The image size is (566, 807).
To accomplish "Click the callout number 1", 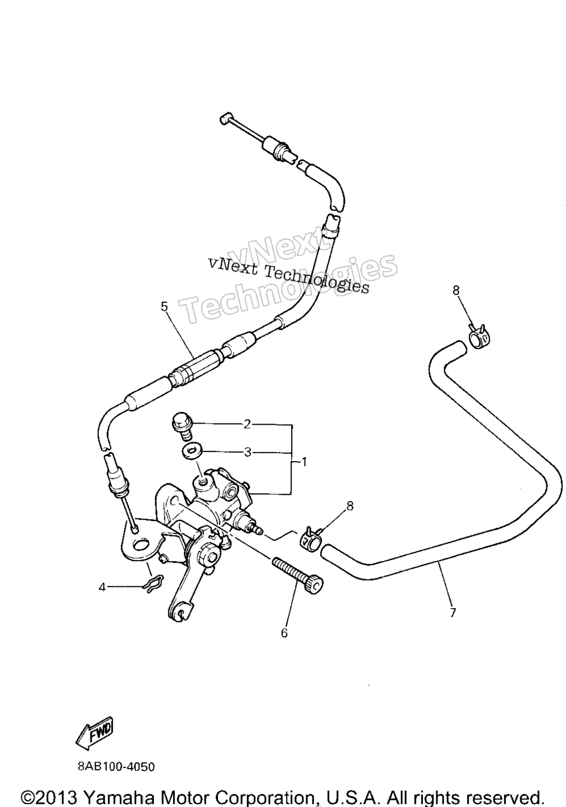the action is click(304, 462).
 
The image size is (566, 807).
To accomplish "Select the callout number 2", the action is click(247, 425).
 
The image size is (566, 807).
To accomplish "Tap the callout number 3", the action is click(247, 452).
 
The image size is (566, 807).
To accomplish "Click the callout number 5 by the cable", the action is click(164, 307).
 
